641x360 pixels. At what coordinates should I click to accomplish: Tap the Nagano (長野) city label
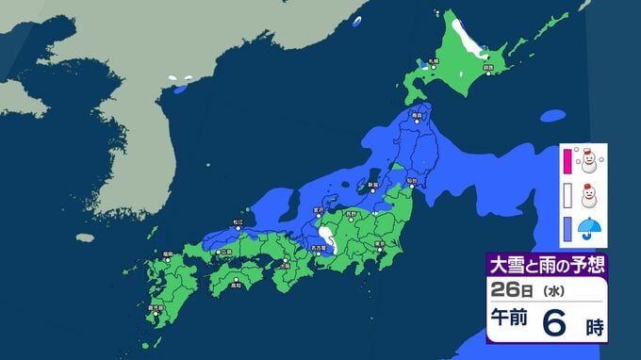[351, 215]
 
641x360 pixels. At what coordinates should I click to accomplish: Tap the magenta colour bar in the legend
[567, 162]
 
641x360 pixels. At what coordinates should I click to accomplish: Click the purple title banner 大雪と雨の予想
[545, 264]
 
